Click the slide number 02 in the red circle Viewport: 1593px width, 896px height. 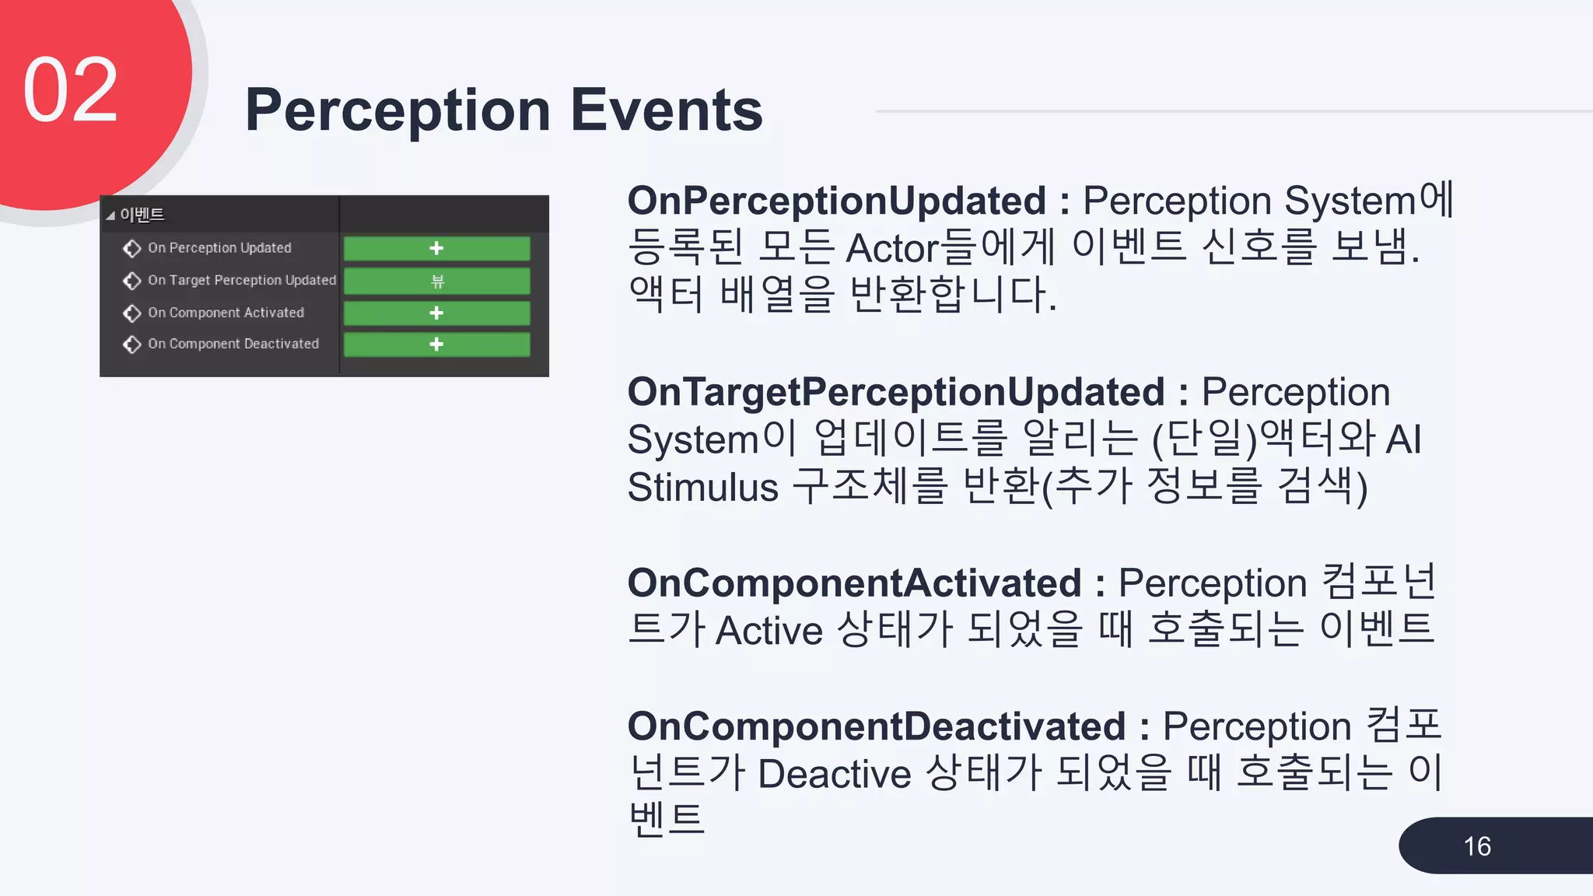click(71, 90)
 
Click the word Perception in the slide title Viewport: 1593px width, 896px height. click(397, 111)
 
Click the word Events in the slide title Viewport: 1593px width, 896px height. click(667, 110)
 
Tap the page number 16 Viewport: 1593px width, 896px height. click(1476, 846)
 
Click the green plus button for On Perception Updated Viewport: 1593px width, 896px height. click(436, 248)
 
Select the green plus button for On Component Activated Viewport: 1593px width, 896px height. click(436, 313)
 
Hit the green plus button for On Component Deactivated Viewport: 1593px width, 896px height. click(436, 344)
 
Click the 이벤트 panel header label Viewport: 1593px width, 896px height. click(142, 215)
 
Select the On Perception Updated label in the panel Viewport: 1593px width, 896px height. click(219, 248)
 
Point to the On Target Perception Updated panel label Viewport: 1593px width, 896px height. click(242, 280)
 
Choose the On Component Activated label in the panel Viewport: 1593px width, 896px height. click(226, 313)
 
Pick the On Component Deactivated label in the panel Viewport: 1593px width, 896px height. click(233, 344)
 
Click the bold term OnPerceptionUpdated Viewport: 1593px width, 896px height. click(837, 201)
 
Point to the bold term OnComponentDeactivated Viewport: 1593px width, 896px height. click(877, 726)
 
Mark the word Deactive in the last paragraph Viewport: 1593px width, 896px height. click(835, 775)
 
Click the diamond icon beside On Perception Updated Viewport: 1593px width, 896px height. click(132, 248)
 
